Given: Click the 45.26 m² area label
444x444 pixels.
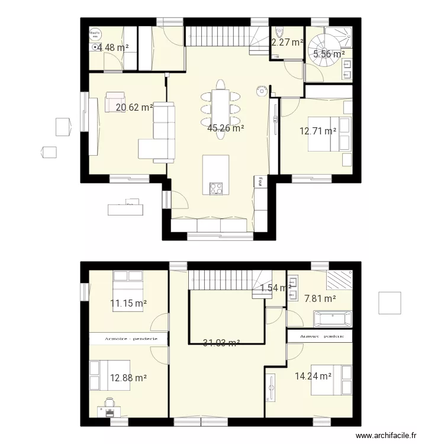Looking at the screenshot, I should point(226,127).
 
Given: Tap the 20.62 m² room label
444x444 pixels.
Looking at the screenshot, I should point(134,108).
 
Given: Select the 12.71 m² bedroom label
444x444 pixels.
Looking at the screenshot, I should point(318,131).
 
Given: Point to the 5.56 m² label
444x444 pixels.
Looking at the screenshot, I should point(329,54).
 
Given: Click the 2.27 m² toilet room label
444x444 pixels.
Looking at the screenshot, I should point(287,42).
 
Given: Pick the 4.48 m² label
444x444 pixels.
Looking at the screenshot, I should point(114,47).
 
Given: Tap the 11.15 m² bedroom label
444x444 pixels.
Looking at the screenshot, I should point(128,304).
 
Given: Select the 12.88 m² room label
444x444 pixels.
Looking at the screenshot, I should point(128,377).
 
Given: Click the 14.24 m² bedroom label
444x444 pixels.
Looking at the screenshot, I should point(313,375).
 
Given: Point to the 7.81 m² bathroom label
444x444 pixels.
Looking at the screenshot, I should point(320,300).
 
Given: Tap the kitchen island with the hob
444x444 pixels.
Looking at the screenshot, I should point(215,175).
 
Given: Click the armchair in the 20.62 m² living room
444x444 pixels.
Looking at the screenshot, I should point(115,101).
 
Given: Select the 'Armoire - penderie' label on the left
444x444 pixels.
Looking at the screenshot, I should point(128,338).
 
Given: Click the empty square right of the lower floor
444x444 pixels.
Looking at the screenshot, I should point(390,303).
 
